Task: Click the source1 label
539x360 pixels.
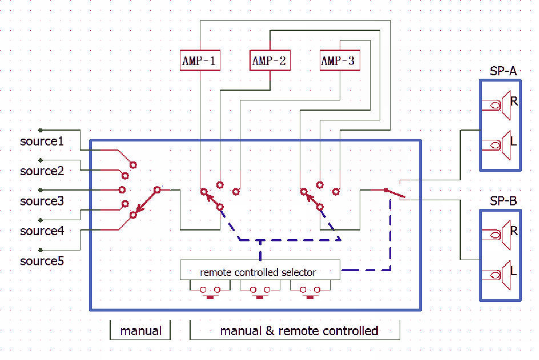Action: tap(42, 141)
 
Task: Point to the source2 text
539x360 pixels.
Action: tap(42, 171)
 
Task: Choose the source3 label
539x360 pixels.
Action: tap(42, 201)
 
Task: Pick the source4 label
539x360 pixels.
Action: tap(42, 231)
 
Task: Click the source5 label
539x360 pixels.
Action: tap(42, 261)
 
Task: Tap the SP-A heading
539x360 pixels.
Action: tap(504, 71)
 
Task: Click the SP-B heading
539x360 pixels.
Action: tap(504, 201)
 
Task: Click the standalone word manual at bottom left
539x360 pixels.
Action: tap(140, 330)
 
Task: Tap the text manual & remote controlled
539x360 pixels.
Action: tap(299, 330)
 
